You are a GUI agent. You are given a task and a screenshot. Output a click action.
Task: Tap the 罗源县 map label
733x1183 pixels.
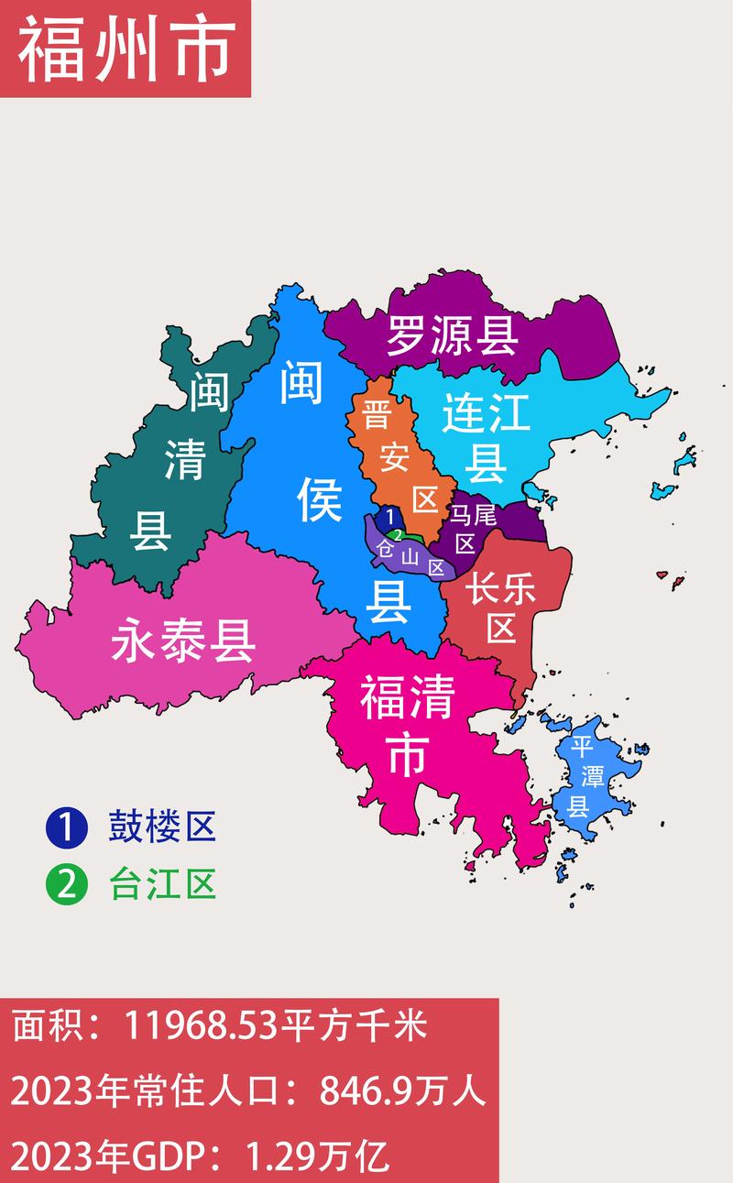pos(452,336)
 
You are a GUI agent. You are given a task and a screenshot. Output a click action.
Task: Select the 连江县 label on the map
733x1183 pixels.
pos(486,438)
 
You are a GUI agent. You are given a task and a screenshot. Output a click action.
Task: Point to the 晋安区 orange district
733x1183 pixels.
pos(396,455)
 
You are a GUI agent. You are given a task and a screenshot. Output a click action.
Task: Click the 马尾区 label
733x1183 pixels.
pos(474,529)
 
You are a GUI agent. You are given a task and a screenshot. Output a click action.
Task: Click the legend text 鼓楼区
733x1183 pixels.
pos(162,827)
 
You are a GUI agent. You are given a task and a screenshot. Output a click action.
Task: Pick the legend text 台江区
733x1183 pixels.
pos(162,885)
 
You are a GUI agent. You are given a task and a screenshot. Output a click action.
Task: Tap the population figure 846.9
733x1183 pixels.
pos(358,1091)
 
